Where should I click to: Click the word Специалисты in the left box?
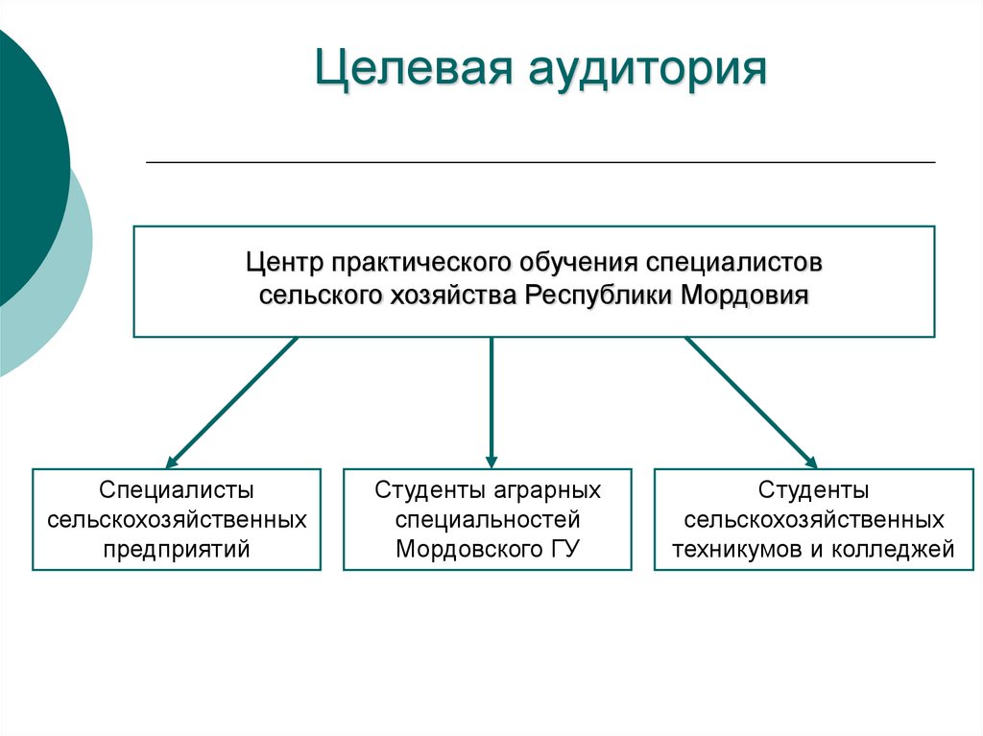click(177, 490)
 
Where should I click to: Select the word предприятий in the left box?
click(177, 550)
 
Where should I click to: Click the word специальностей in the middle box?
click(488, 520)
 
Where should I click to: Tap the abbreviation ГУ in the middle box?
click(563, 550)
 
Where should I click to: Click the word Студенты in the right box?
click(813, 490)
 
